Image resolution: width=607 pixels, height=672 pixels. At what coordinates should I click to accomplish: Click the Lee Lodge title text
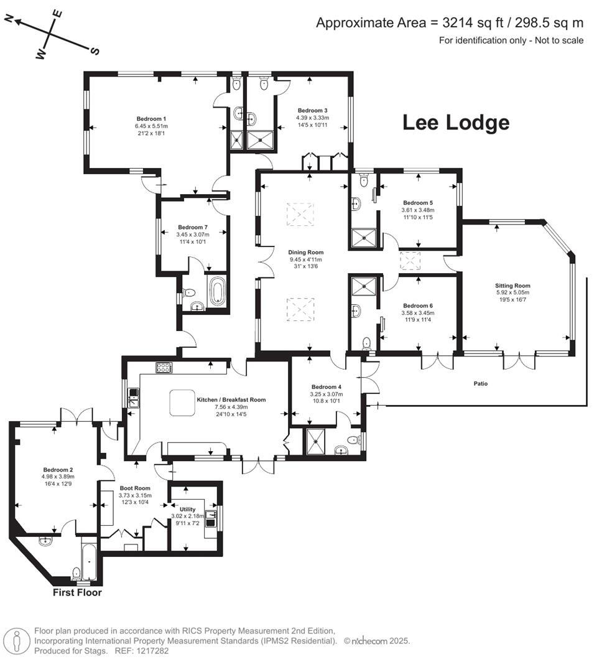[456, 123]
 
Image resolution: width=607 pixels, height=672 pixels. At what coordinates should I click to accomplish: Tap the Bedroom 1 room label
[152, 118]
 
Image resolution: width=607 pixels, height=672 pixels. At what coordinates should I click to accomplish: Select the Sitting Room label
[512, 286]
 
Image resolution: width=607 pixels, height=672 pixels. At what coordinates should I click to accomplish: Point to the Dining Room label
[306, 252]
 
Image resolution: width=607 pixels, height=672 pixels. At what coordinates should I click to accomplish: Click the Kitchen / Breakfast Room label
[231, 400]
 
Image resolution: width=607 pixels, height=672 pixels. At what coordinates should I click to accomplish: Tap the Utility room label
[187, 509]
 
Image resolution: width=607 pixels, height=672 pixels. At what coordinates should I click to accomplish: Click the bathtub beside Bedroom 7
[217, 292]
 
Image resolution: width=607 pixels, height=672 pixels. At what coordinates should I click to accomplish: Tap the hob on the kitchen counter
[164, 367]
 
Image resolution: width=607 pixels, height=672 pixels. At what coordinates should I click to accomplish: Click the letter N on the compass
[9, 19]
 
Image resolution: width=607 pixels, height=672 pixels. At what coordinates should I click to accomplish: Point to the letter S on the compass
[95, 51]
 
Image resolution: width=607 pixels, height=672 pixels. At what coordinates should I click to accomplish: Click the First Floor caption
[77, 592]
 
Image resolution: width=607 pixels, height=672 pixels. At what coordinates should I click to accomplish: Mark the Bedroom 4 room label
[327, 386]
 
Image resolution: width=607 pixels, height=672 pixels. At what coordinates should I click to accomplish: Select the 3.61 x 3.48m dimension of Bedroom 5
[417, 210]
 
